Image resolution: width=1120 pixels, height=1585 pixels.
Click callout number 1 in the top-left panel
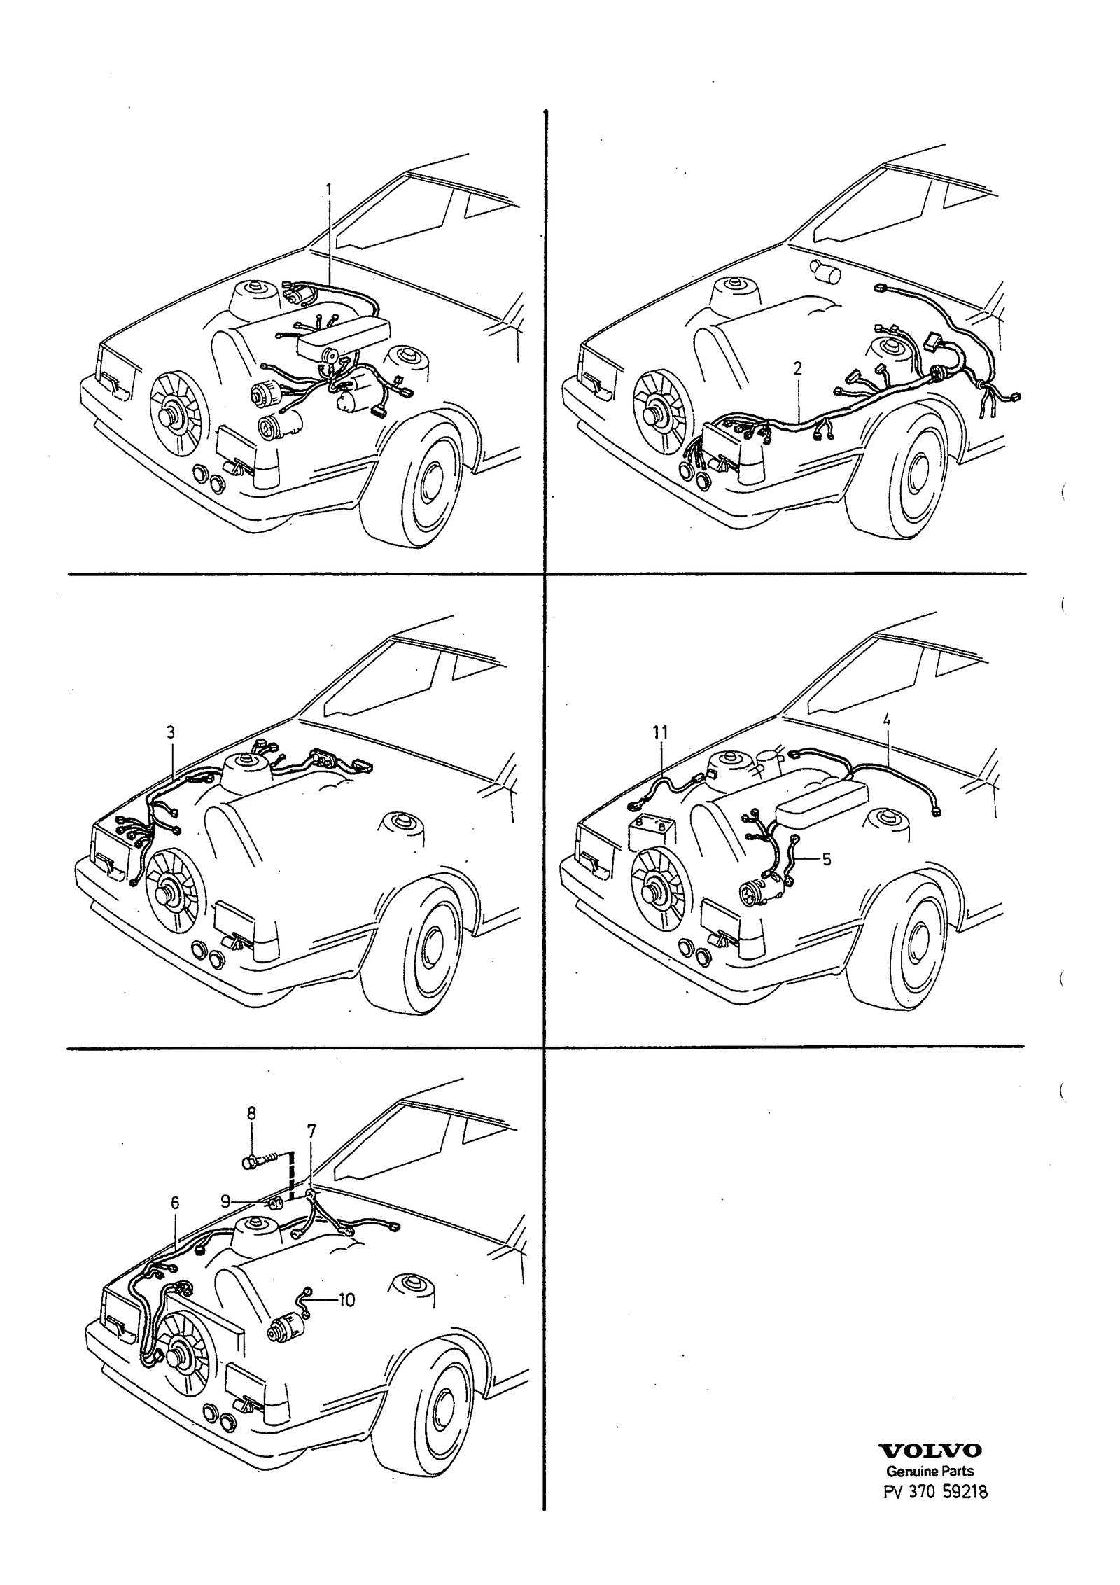pyautogui.click(x=330, y=190)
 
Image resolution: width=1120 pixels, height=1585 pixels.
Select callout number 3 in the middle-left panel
pyautogui.click(x=171, y=733)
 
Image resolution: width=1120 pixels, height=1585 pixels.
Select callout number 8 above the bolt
pyautogui.click(x=251, y=1113)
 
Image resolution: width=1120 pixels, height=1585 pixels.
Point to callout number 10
pyautogui.click(x=346, y=1300)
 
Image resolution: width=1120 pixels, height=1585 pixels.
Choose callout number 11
pyautogui.click(x=660, y=733)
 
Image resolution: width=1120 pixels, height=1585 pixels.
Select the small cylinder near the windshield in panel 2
pyautogui.click(x=825, y=271)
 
